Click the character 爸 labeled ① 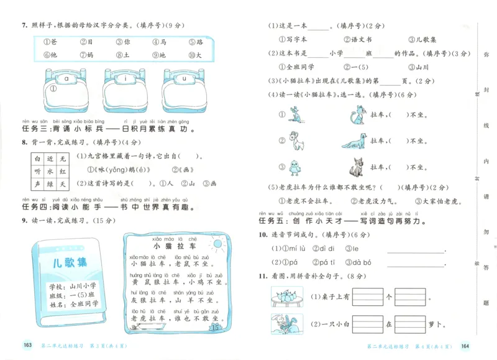point(55,42)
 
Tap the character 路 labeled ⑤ point(199,42)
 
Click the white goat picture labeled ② point(298,141)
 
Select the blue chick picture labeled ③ point(296,167)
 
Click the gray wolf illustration point(357,167)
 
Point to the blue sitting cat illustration point(356,115)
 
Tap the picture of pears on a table point(285,295)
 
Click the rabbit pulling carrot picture point(285,324)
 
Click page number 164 point(465,346)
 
